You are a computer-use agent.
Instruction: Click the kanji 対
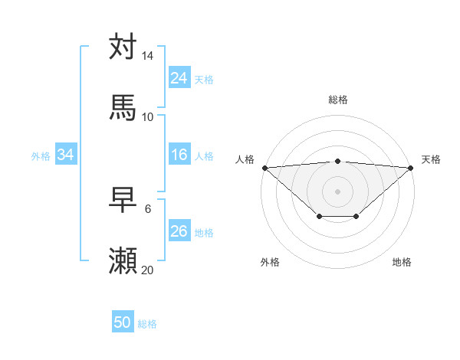point(123,47)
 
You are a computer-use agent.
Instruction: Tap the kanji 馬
point(123,107)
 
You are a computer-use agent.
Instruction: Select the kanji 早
point(123,201)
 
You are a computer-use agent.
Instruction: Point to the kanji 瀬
point(123,261)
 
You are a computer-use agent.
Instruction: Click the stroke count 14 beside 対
point(148,56)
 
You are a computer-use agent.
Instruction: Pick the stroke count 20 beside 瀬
point(148,270)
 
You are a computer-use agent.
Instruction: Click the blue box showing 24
point(179,77)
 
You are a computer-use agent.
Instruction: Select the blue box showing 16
point(179,155)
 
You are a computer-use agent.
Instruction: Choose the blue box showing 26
point(179,231)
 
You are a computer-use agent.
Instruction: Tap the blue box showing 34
point(66,155)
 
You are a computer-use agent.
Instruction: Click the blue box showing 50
point(123,322)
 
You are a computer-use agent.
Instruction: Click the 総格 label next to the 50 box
point(147,324)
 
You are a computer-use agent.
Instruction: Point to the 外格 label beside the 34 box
point(41,155)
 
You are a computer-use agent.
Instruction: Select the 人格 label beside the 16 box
point(204,155)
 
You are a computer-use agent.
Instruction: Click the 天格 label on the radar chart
point(431,159)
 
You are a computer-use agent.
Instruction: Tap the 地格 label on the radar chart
point(402,262)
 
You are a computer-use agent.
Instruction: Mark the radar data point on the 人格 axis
point(264,168)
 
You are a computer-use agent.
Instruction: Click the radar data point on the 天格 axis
point(411,168)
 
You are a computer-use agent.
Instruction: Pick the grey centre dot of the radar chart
point(337,191)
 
